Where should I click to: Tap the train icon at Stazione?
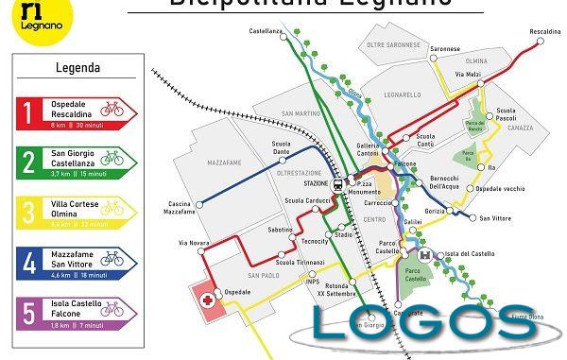(x=337, y=185)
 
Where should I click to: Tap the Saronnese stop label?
(x=445, y=48)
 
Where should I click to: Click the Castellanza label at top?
(x=266, y=31)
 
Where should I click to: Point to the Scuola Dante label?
(x=281, y=147)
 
